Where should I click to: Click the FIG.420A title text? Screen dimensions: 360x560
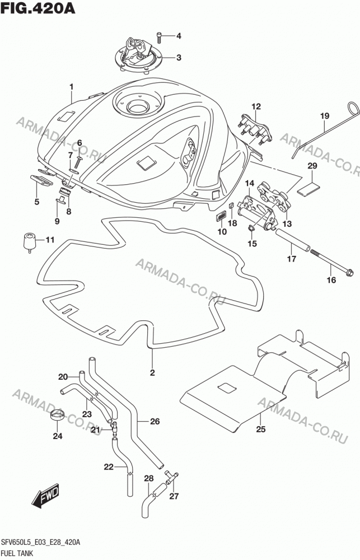[x=38, y=7]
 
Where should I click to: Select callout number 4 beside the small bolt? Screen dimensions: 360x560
[x=178, y=36]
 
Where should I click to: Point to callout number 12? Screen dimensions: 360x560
[x=256, y=106]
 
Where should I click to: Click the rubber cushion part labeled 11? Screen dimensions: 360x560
[x=30, y=242]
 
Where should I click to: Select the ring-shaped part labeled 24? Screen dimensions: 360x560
[x=57, y=415]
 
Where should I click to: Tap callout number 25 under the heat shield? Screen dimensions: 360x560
[x=261, y=428]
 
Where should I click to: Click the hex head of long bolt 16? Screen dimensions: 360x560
[x=350, y=273]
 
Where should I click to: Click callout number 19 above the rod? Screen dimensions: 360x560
[x=325, y=116]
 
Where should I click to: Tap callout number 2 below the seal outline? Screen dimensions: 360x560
[x=152, y=373]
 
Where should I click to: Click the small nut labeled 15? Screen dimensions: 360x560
[x=251, y=228]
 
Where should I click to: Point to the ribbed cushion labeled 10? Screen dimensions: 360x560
[x=222, y=217]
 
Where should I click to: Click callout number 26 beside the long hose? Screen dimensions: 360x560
[x=155, y=422]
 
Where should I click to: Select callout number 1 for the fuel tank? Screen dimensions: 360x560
[x=72, y=87]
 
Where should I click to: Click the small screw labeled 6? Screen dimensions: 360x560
[x=78, y=161]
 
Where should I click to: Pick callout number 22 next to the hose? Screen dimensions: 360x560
[x=109, y=467]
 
